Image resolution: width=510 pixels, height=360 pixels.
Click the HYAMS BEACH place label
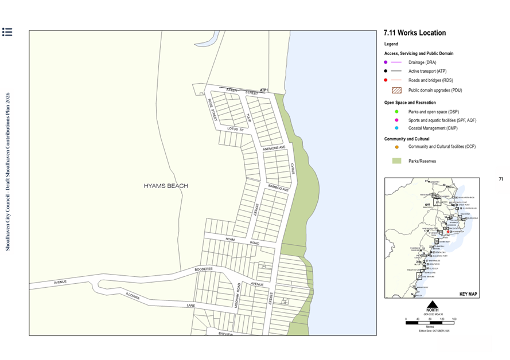pyautogui.click(x=166, y=186)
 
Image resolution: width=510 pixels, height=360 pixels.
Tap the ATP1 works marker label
pyautogui.click(x=264, y=91)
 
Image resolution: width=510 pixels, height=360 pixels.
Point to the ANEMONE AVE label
pyautogui.click(x=274, y=149)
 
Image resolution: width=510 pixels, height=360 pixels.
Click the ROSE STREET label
pyautogui.click(x=212, y=108)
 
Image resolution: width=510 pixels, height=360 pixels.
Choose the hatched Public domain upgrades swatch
pyautogui.click(x=396, y=90)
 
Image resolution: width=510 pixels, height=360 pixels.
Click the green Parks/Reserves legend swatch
pyautogui.click(x=396, y=161)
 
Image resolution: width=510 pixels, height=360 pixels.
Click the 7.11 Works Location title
pyautogui.click(x=414, y=33)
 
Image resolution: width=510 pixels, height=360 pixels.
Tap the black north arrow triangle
pyautogui.click(x=433, y=304)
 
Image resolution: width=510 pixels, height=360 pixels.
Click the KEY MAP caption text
pyautogui.click(x=468, y=294)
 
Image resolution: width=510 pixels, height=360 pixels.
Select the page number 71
pyautogui.click(x=501, y=179)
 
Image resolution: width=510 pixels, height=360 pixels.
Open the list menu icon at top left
pyautogui.click(x=7, y=32)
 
